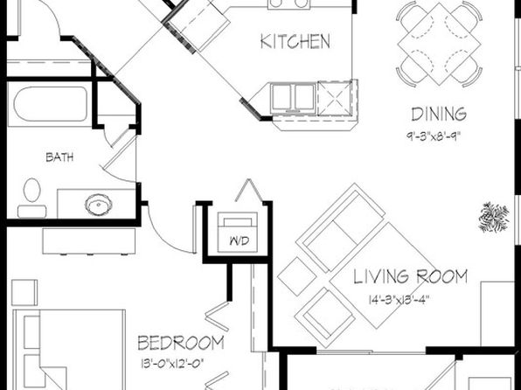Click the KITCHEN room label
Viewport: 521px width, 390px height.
point(295,42)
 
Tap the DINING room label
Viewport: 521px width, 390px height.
point(439,115)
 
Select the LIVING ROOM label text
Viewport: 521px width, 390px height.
point(410,276)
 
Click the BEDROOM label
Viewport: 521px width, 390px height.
point(181,343)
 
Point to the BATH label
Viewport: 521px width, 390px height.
point(59,157)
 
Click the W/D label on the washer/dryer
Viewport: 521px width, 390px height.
point(240,240)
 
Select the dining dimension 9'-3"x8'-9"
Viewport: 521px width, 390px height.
point(434,136)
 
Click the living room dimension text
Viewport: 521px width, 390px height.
point(399,300)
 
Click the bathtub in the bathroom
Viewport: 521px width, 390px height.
point(51,104)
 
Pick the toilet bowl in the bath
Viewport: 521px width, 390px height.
point(31,190)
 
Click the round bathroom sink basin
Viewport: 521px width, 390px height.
point(99,204)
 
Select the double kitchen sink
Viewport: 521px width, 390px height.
point(293,97)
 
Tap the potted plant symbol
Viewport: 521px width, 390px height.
point(494,217)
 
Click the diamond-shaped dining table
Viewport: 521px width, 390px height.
point(439,45)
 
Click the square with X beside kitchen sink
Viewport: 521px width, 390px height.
point(335,98)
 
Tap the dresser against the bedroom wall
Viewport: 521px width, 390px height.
point(88,241)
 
